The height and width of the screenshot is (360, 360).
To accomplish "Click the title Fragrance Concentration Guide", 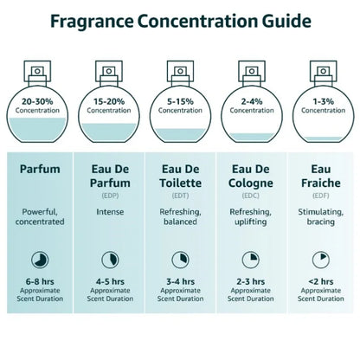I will click(x=180, y=20).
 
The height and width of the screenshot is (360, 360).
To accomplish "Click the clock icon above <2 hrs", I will click(x=321, y=259).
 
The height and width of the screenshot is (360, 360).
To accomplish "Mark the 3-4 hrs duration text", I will click(x=180, y=281).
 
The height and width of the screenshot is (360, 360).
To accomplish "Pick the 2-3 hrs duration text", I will click(x=251, y=281).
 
